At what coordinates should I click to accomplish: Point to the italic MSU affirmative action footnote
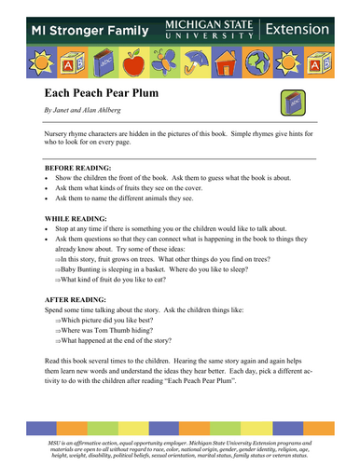point(180,445)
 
